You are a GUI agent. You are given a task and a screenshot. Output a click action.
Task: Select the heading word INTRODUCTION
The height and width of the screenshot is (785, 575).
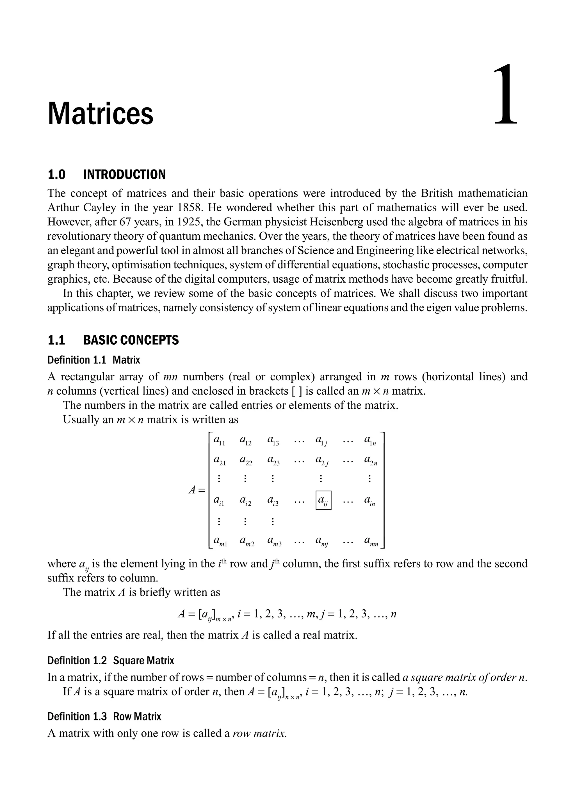coord(124,175)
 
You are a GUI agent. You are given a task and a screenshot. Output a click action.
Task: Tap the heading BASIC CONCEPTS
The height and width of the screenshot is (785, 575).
coord(131,340)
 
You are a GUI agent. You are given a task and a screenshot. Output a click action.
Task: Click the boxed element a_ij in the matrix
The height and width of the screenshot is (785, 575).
coord(323,500)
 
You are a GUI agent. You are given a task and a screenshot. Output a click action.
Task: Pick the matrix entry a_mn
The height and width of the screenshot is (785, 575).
coord(371,541)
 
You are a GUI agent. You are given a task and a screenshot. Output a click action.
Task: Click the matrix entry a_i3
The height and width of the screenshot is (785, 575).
coord(273,501)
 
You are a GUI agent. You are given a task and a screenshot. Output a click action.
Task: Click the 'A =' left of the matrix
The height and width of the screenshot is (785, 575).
coord(197,490)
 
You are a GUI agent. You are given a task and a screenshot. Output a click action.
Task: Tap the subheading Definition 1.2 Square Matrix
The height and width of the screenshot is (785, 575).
coord(111,660)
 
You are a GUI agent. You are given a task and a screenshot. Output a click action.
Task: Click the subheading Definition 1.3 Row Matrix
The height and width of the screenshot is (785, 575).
coord(104,717)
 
